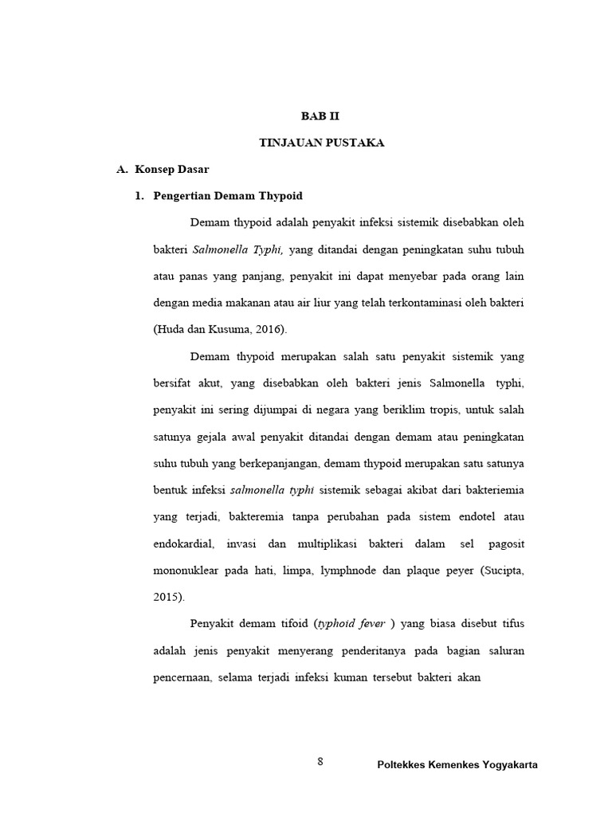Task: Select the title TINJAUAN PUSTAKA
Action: [322, 143]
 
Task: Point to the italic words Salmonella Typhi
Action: [238, 249]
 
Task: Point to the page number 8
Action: [320, 762]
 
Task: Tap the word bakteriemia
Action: [488, 490]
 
